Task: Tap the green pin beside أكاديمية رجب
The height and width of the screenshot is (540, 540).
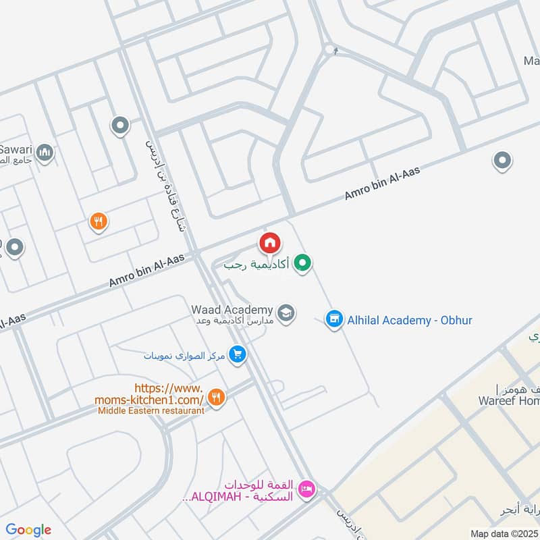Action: [x=303, y=263]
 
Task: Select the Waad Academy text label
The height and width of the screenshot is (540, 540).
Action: [x=232, y=308]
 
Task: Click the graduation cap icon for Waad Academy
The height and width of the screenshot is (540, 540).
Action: [x=286, y=313]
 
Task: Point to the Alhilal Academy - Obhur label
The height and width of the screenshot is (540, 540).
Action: [x=409, y=320]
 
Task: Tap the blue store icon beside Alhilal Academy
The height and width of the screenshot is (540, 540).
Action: [x=333, y=319]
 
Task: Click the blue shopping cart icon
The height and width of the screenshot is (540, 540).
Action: [x=237, y=354]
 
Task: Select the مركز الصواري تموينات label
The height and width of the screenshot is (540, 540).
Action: [x=185, y=354]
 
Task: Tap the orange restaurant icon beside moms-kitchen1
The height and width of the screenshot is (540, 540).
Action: [x=216, y=398]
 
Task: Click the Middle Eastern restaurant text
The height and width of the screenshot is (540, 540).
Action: [x=151, y=410]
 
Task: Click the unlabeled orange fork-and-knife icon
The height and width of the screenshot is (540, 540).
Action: [x=99, y=220]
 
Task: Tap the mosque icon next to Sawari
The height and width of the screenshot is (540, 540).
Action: [x=45, y=153]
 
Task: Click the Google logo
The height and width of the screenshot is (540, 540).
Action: [x=28, y=530]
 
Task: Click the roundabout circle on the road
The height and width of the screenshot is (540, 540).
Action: [x=329, y=49]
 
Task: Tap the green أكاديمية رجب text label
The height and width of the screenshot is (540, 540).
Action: [x=256, y=264]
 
